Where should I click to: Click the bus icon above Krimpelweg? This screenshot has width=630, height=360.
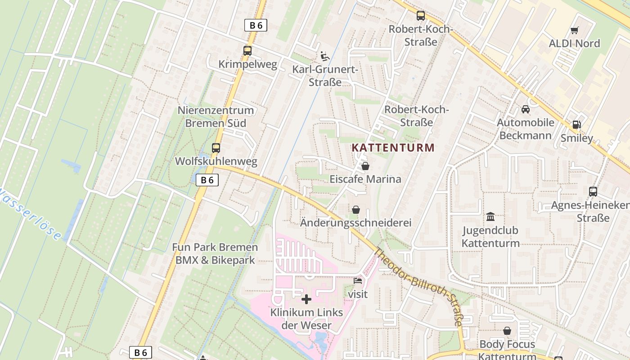tap(247, 51)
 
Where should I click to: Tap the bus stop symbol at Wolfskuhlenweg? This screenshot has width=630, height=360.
tap(216, 148)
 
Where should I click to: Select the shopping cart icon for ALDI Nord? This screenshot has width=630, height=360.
tap(574, 31)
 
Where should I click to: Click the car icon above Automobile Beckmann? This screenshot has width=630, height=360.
tap(525, 109)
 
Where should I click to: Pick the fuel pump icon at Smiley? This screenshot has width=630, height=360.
tap(576, 125)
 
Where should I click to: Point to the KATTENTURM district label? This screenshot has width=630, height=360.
tap(393, 148)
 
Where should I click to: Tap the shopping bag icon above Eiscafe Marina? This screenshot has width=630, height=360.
tap(365, 166)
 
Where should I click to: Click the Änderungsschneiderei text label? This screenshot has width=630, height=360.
tap(355, 223)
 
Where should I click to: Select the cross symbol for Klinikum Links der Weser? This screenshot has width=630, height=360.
tap(306, 299)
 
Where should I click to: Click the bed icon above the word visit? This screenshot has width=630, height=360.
tap(358, 281)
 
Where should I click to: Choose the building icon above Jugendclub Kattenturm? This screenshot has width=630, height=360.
tap(490, 217)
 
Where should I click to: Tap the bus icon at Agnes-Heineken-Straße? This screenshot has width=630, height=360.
tap(593, 192)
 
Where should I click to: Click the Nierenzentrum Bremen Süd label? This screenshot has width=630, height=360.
tap(216, 117)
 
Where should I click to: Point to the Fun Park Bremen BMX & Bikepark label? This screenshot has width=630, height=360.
tap(215, 253)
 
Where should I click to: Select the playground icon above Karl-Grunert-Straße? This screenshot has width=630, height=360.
tap(324, 56)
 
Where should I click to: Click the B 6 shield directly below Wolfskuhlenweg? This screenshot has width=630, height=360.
tap(207, 180)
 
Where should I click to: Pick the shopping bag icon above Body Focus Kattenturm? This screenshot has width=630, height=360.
tap(507, 331)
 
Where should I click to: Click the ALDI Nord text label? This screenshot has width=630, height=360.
tap(574, 44)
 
